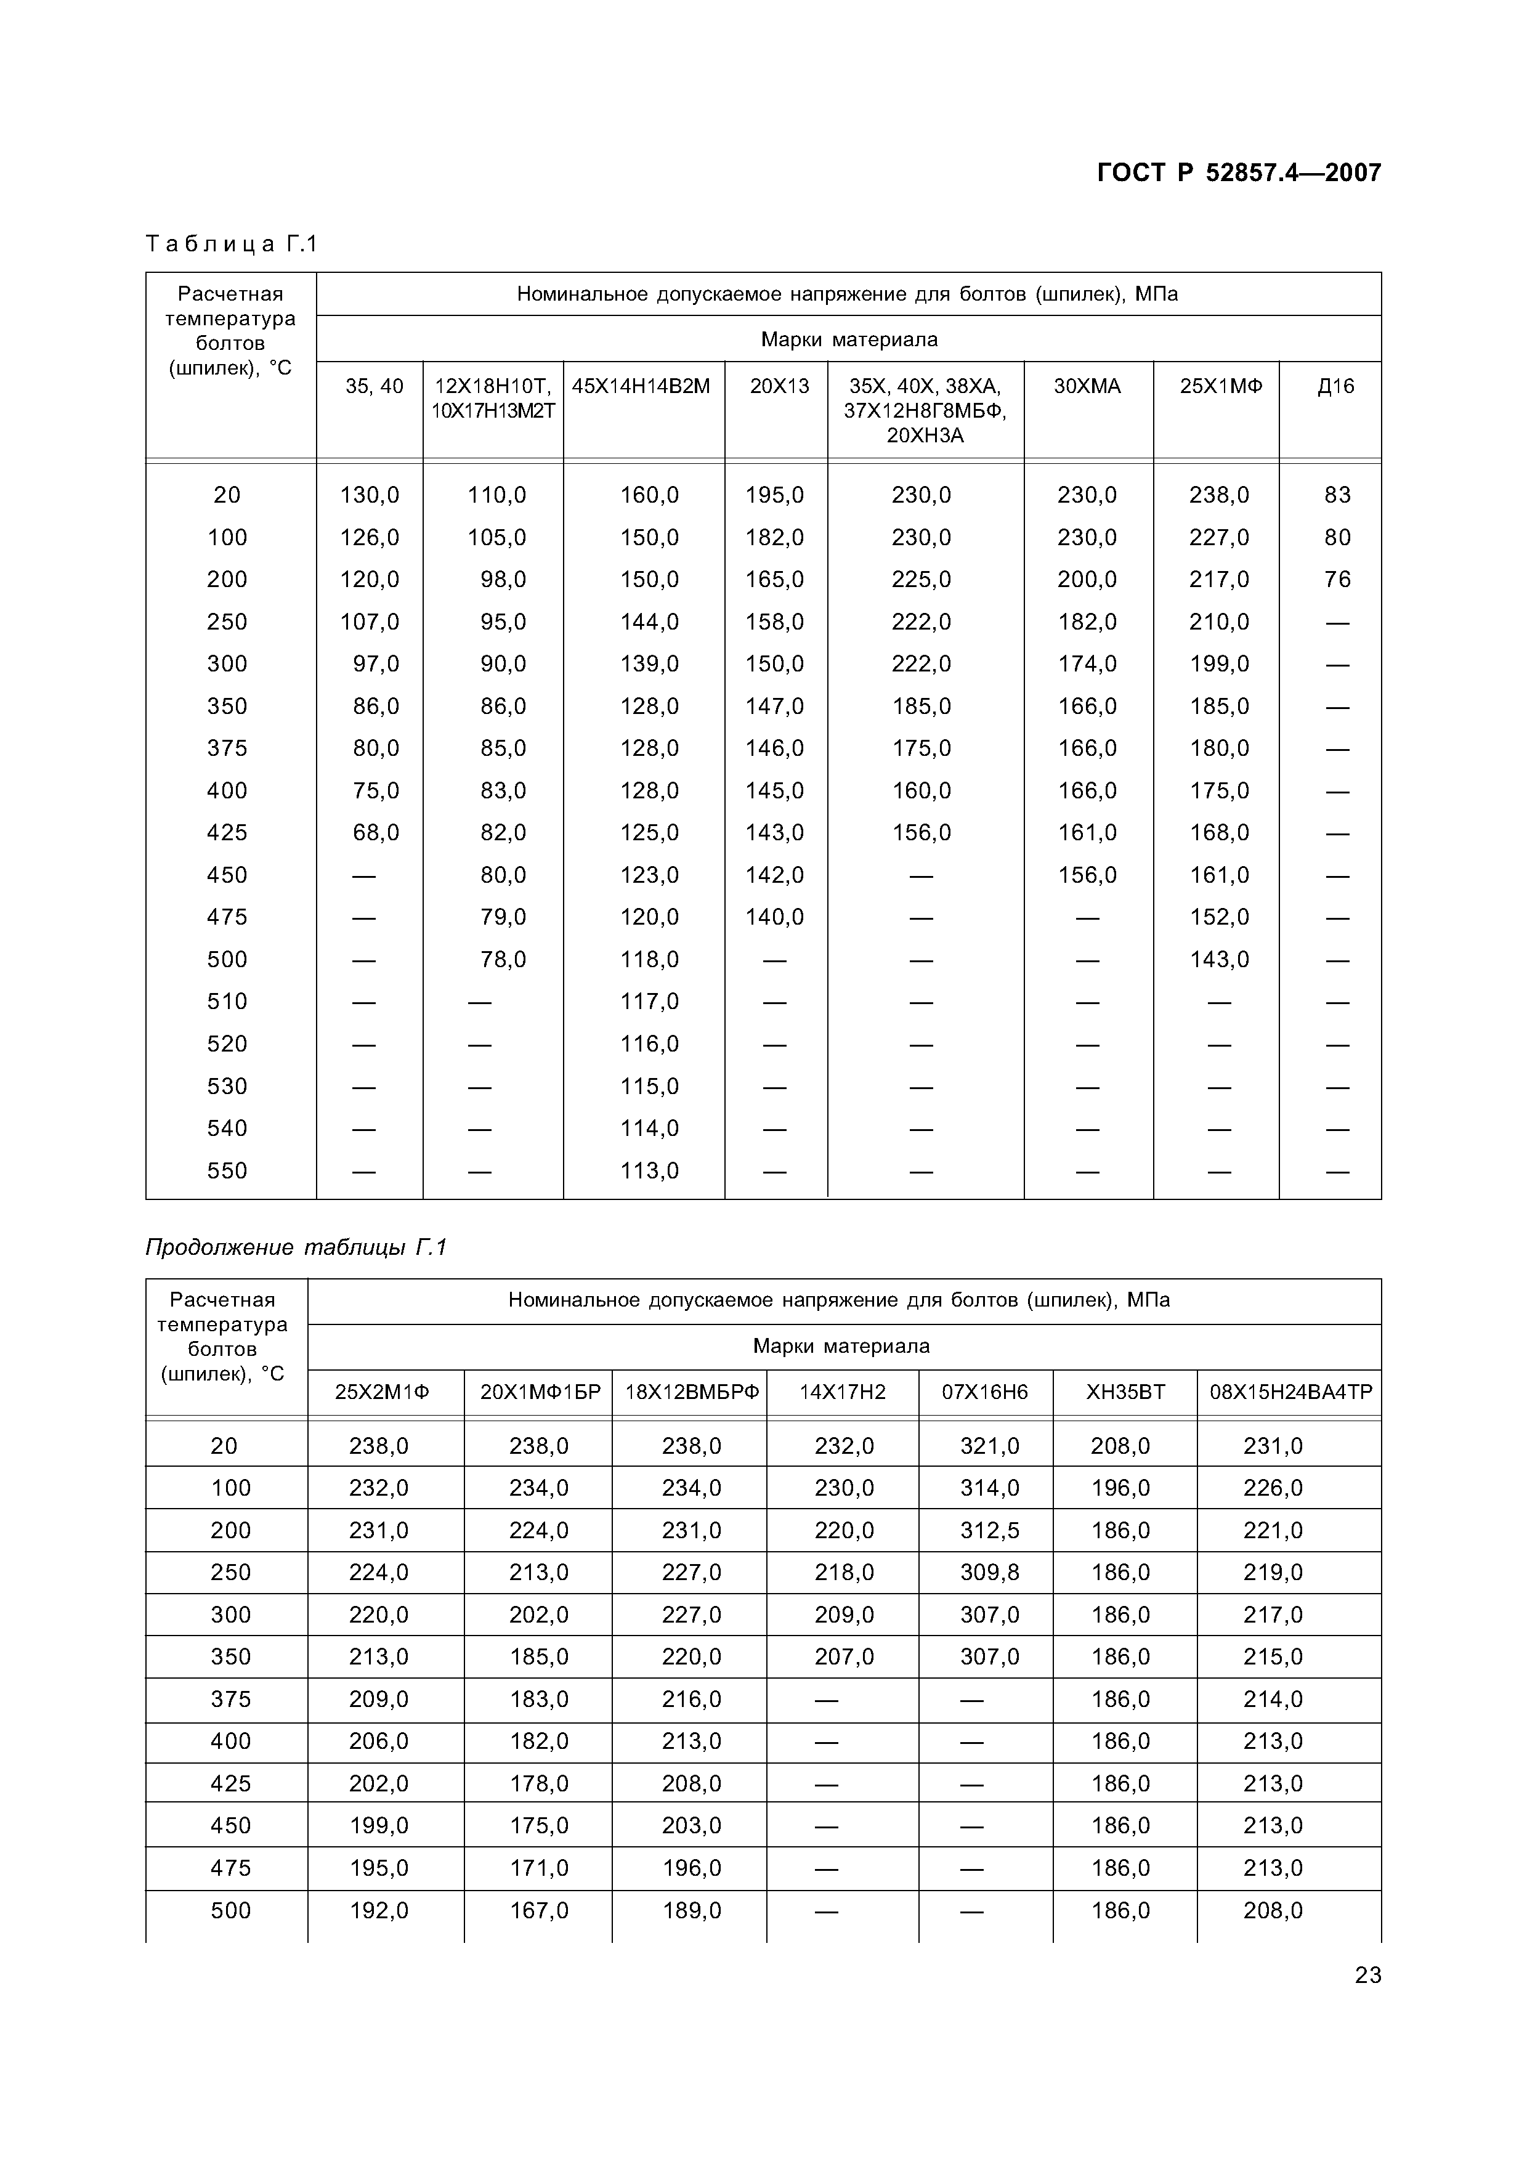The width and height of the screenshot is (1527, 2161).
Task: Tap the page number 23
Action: pos(1367,1974)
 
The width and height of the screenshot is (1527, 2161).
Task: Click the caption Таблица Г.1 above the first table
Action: pos(232,245)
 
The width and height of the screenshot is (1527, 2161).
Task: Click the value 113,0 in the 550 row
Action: pos(649,1171)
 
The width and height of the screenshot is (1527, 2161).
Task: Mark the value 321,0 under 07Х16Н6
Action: pos(989,1446)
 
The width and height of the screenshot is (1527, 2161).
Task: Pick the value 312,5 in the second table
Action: pos(989,1530)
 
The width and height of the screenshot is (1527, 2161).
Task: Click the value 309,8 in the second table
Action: pos(989,1573)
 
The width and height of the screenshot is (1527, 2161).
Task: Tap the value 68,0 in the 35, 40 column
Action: pos(375,833)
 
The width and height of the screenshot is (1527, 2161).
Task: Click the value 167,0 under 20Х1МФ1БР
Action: pos(538,1910)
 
